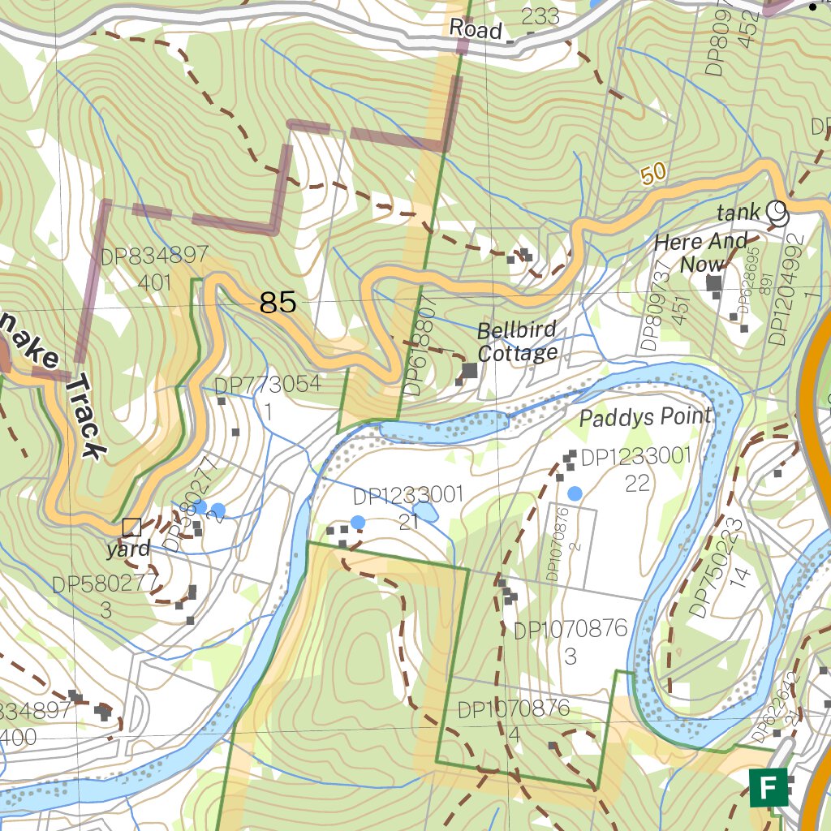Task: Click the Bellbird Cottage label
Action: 517,342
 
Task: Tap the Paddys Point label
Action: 645,417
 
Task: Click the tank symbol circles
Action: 777,213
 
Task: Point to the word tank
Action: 738,213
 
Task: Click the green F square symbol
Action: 768,787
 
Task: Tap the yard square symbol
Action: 131,527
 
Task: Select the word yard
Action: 128,549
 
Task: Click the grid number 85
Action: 278,304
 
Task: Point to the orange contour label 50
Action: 652,173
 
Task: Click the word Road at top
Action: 476,30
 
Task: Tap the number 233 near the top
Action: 540,16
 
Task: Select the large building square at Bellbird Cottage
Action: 469,371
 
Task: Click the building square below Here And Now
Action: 714,283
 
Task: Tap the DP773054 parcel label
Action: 268,385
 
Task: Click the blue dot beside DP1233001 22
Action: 575,493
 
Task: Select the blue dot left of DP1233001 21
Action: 357,521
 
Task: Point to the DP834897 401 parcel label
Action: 154,269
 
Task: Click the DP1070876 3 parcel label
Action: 571,641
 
